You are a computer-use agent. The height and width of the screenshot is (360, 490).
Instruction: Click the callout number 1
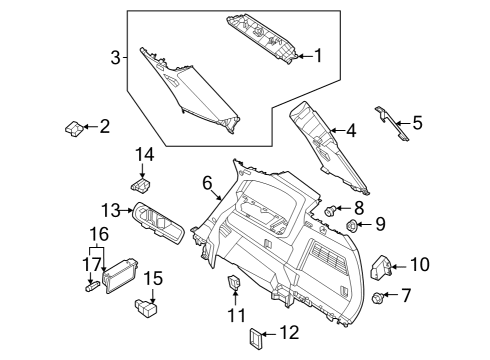318,56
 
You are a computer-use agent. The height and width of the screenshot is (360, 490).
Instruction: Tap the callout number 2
104,127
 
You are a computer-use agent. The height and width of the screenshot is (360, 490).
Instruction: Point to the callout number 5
417,124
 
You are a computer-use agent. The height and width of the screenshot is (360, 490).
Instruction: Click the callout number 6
207,182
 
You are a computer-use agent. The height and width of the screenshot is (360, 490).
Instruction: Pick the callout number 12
290,331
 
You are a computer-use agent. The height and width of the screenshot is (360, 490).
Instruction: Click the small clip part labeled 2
73,128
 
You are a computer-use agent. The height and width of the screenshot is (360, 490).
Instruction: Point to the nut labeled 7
377,297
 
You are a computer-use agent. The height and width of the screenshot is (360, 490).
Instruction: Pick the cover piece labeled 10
381,265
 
